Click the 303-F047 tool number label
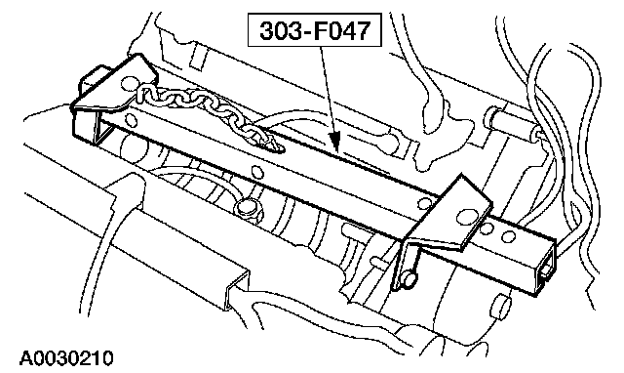pyautogui.click(x=314, y=30)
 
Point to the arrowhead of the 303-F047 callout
pyautogui.click(x=336, y=143)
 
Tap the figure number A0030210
pyautogui.click(x=66, y=357)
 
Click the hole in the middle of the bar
pyautogui.click(x=257, y=173)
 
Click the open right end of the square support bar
pyautogui.click(x=545, y=268)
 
